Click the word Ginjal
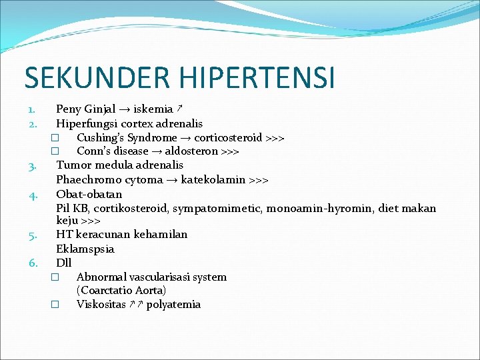click(99, 109)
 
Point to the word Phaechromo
click(83, 180)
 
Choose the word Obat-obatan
click(89, 194)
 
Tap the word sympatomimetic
click(217, 209)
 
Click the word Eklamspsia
click(85, 249)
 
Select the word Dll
click(64, 263)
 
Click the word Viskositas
click(101, 305)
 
